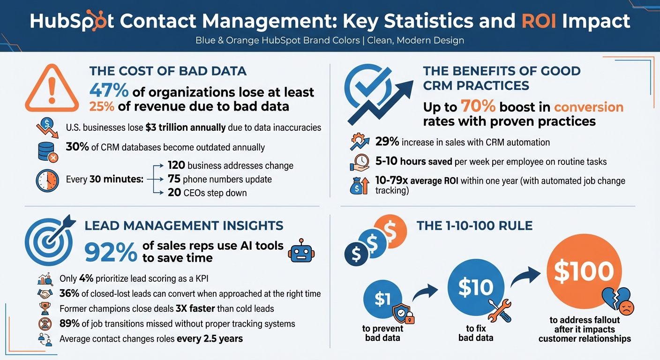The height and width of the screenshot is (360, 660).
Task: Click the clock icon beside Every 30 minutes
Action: (46, 180)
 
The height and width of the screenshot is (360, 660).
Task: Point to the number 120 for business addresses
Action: (178, 165)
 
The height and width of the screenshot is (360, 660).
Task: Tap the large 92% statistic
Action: (111, 252)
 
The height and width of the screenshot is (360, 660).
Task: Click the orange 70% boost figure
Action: (478, 107)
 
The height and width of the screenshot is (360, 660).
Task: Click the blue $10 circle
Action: (475, 287)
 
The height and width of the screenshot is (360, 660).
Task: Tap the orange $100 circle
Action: (583, 272)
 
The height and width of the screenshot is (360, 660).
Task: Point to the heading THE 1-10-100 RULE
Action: (474, 226)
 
